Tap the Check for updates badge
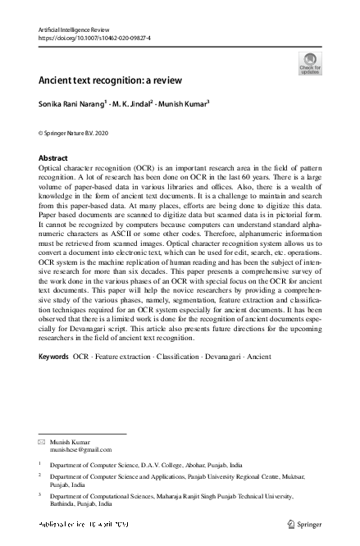[310, 63]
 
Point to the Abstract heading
[54, 157]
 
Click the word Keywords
[54, 380]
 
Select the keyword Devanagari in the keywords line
[216, 380]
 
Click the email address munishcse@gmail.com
[80, 450]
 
